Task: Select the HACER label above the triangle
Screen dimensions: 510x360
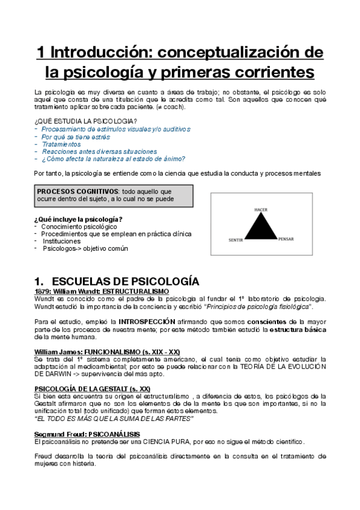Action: pos(260,209)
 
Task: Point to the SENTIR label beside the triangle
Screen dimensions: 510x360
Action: pos(236,240)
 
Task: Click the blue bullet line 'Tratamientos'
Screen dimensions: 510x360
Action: pos(61,144)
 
